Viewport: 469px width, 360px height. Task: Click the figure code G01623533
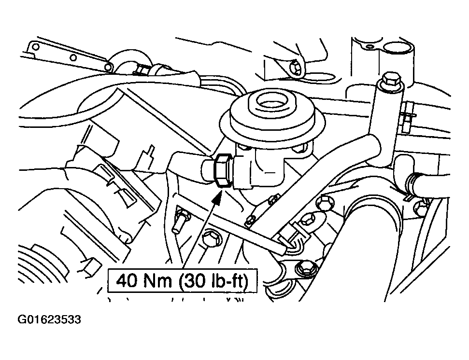click(x=49, y=320)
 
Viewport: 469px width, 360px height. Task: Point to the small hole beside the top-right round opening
click(x=370, y=47)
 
